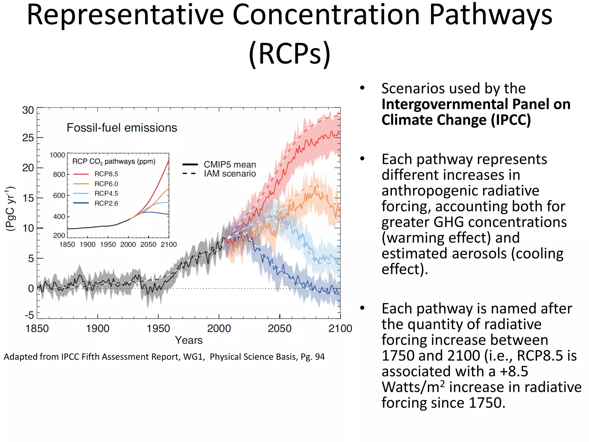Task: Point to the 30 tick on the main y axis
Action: point(28,110)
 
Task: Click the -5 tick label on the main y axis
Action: point(29,315)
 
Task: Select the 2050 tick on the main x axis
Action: point(280,328)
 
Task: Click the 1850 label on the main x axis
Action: point(37,328)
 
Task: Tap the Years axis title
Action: point(189,340)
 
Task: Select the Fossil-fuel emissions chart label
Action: point(122,128)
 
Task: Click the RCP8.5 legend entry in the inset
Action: point(106,174)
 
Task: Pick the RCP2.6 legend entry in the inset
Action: point(106,203)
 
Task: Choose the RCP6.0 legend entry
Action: point(106,184)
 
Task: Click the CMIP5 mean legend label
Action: point(230,165)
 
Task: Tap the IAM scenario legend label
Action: point(230,174)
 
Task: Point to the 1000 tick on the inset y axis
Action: point(57,155)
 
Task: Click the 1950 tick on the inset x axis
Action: point(108,245)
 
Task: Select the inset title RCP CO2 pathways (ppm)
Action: point(114,161)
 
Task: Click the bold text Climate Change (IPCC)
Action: point(456,120)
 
